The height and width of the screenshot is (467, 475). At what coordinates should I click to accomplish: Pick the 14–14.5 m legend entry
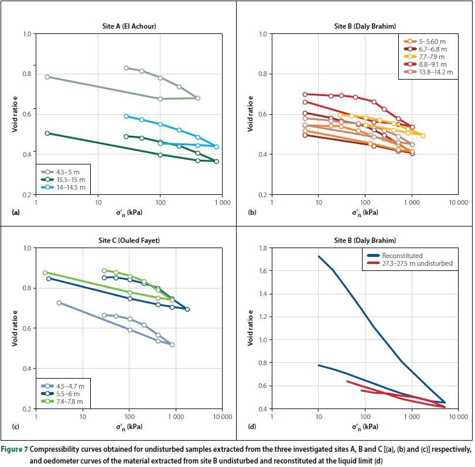tap(69, 187)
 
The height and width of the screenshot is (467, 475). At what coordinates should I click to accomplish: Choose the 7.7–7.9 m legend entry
tap(429, 57)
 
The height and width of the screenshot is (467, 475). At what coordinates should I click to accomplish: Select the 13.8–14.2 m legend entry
tap(432, 72)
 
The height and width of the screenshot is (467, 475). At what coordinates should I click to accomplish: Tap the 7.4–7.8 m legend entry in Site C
tap(69, 401)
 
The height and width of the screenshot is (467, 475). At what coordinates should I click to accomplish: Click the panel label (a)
tap(16, 212)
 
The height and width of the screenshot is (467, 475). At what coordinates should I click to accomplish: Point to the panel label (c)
tap(16, 426)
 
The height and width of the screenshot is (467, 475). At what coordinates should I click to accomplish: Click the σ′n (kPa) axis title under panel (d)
tap(365, 427)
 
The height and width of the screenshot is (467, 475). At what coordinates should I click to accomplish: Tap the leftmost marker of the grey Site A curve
tap(47, 77)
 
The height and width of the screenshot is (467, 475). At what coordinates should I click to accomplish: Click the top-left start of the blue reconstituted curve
tap(319, 256)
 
